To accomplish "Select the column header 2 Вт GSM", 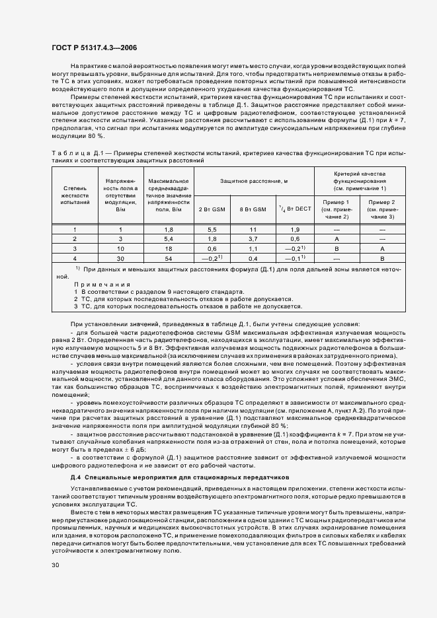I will tap(212, 209).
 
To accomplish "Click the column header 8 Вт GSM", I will tap(252, 209).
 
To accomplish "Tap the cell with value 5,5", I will tap(212, 228).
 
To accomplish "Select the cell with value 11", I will tap(253, 228).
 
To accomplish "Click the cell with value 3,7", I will tap(253, 238).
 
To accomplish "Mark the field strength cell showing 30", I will tap(120, 259).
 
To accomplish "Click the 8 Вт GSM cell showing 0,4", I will tap(253, 259).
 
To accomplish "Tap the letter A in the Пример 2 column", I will tap(381, 249).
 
